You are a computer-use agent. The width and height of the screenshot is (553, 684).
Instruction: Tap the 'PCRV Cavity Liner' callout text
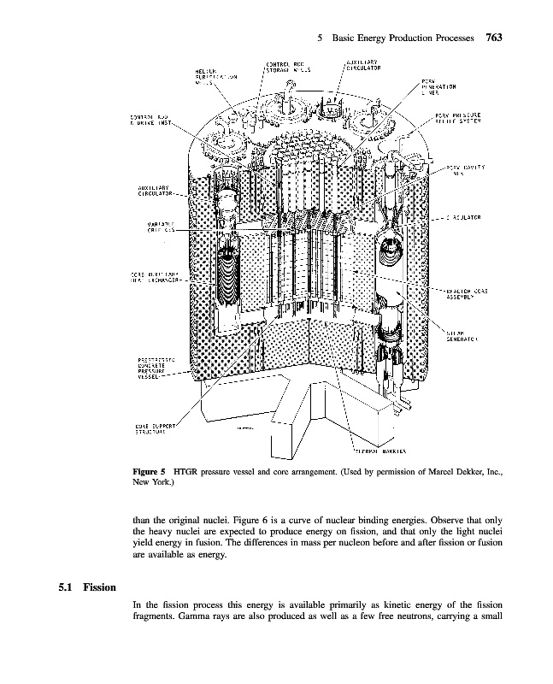pyautogui.click(x=467, y=171)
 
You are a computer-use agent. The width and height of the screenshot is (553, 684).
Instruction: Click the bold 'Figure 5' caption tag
pyautogui.click(x=153, y=471)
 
